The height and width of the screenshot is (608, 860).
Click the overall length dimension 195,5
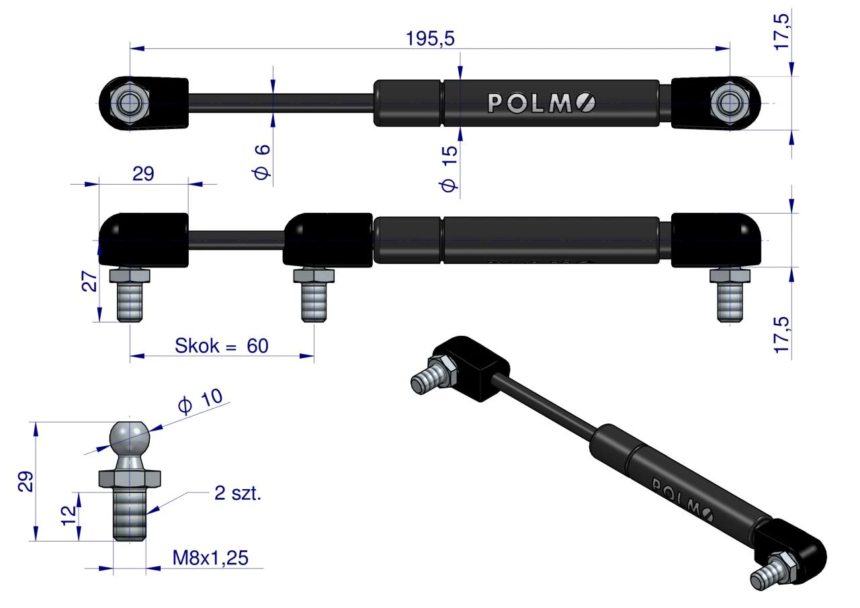coord(430,38)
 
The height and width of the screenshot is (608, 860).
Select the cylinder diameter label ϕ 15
coord(449,169)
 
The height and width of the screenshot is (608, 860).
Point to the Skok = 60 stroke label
coord(222,345)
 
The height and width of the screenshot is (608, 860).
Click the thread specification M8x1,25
coord(210,558)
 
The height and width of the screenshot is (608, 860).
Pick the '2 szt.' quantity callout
coord(238,493)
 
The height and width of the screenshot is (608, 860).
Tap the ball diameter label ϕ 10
coord(200,401)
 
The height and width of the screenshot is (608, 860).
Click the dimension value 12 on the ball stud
coord(69,515)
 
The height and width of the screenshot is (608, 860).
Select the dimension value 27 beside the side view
coord(90,281)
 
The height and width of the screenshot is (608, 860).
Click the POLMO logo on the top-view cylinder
coord(542,103)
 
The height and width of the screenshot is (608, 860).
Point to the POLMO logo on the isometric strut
coord(683,500)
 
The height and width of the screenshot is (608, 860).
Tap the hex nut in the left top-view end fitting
coord(130,103)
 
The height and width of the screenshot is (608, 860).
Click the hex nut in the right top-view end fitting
coord(730,103)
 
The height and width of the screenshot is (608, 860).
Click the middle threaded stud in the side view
coord(314,295)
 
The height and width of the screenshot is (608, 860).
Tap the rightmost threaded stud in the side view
coord(730,295)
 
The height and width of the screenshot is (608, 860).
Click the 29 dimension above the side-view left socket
coord(143,174)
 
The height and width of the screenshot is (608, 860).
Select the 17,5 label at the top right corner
coord(781,32)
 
